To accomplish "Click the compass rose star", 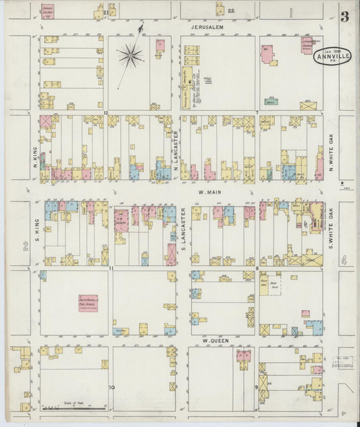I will pos(130,56).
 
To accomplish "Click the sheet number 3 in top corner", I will pos(344,17).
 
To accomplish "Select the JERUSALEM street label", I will pos(206,28).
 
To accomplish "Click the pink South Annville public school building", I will pos(88,303).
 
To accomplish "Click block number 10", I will pos(111,387).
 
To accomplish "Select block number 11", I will pos(109,269).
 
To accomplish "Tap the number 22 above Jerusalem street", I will pos(231,11).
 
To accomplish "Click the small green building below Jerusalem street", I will pos(272,101).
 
